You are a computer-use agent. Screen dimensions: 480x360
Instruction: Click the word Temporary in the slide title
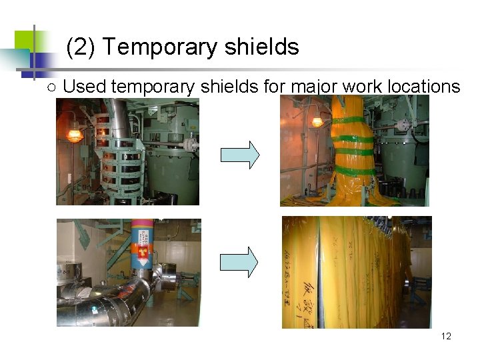[160, 48]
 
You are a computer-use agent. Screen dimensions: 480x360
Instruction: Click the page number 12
[446, 336]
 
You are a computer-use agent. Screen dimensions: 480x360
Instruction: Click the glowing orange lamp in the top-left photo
[73, 135]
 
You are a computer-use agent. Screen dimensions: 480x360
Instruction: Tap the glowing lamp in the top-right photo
[317, 122]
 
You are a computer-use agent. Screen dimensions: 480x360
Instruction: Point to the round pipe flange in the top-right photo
[403, 125]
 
